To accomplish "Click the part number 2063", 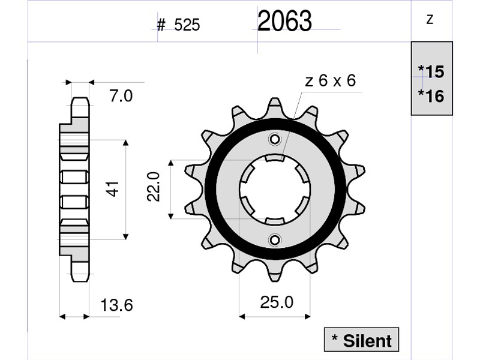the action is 284,21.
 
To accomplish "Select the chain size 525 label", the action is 187,25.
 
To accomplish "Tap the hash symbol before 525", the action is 161,25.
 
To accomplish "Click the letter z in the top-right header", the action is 430,20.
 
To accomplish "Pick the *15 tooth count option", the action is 431,71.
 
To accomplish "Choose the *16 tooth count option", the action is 431,96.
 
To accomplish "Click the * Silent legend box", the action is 362,340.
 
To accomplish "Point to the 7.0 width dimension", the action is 121,96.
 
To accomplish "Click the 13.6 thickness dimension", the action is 116,305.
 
